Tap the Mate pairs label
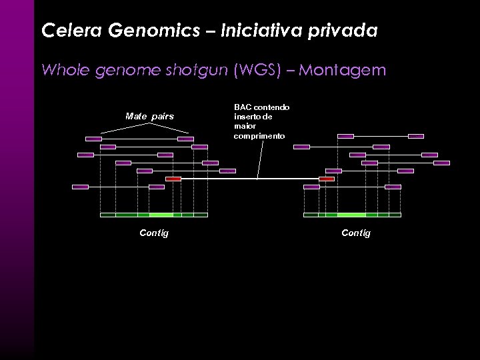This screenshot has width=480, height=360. [149, 116]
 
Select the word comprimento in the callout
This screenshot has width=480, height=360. [259, 135]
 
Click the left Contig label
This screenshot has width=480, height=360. [153, 233]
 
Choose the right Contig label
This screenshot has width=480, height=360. [356, 233]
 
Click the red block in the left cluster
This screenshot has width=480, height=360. [173, 179]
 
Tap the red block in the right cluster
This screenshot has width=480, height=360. [327, 179]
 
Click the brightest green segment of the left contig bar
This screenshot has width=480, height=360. [161, 215]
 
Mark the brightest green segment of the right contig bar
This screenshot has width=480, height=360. [351, 215]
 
